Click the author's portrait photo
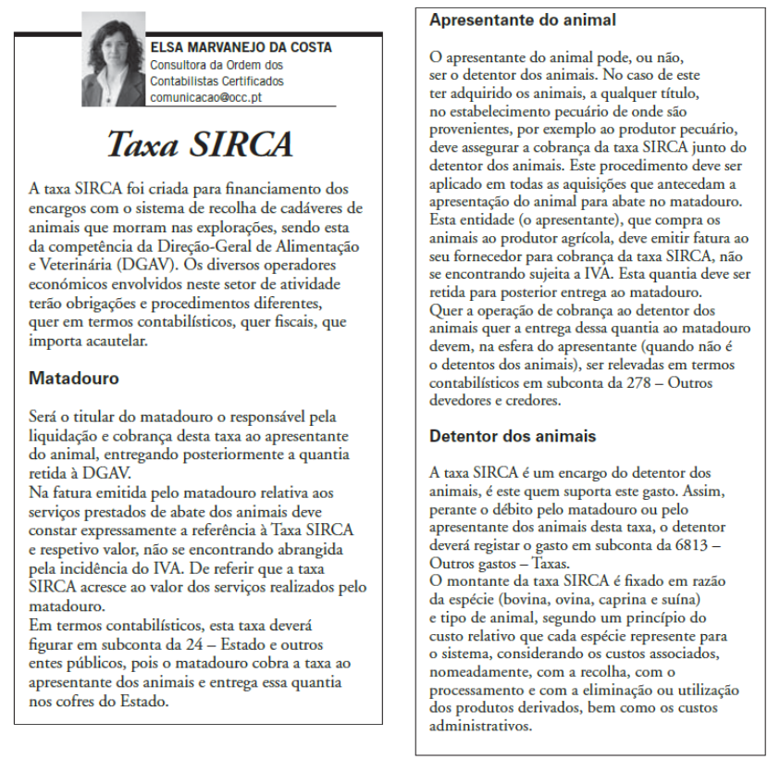114,59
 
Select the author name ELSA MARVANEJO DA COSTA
241,47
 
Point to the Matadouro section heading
74,379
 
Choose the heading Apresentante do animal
523,19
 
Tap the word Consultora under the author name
180,65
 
